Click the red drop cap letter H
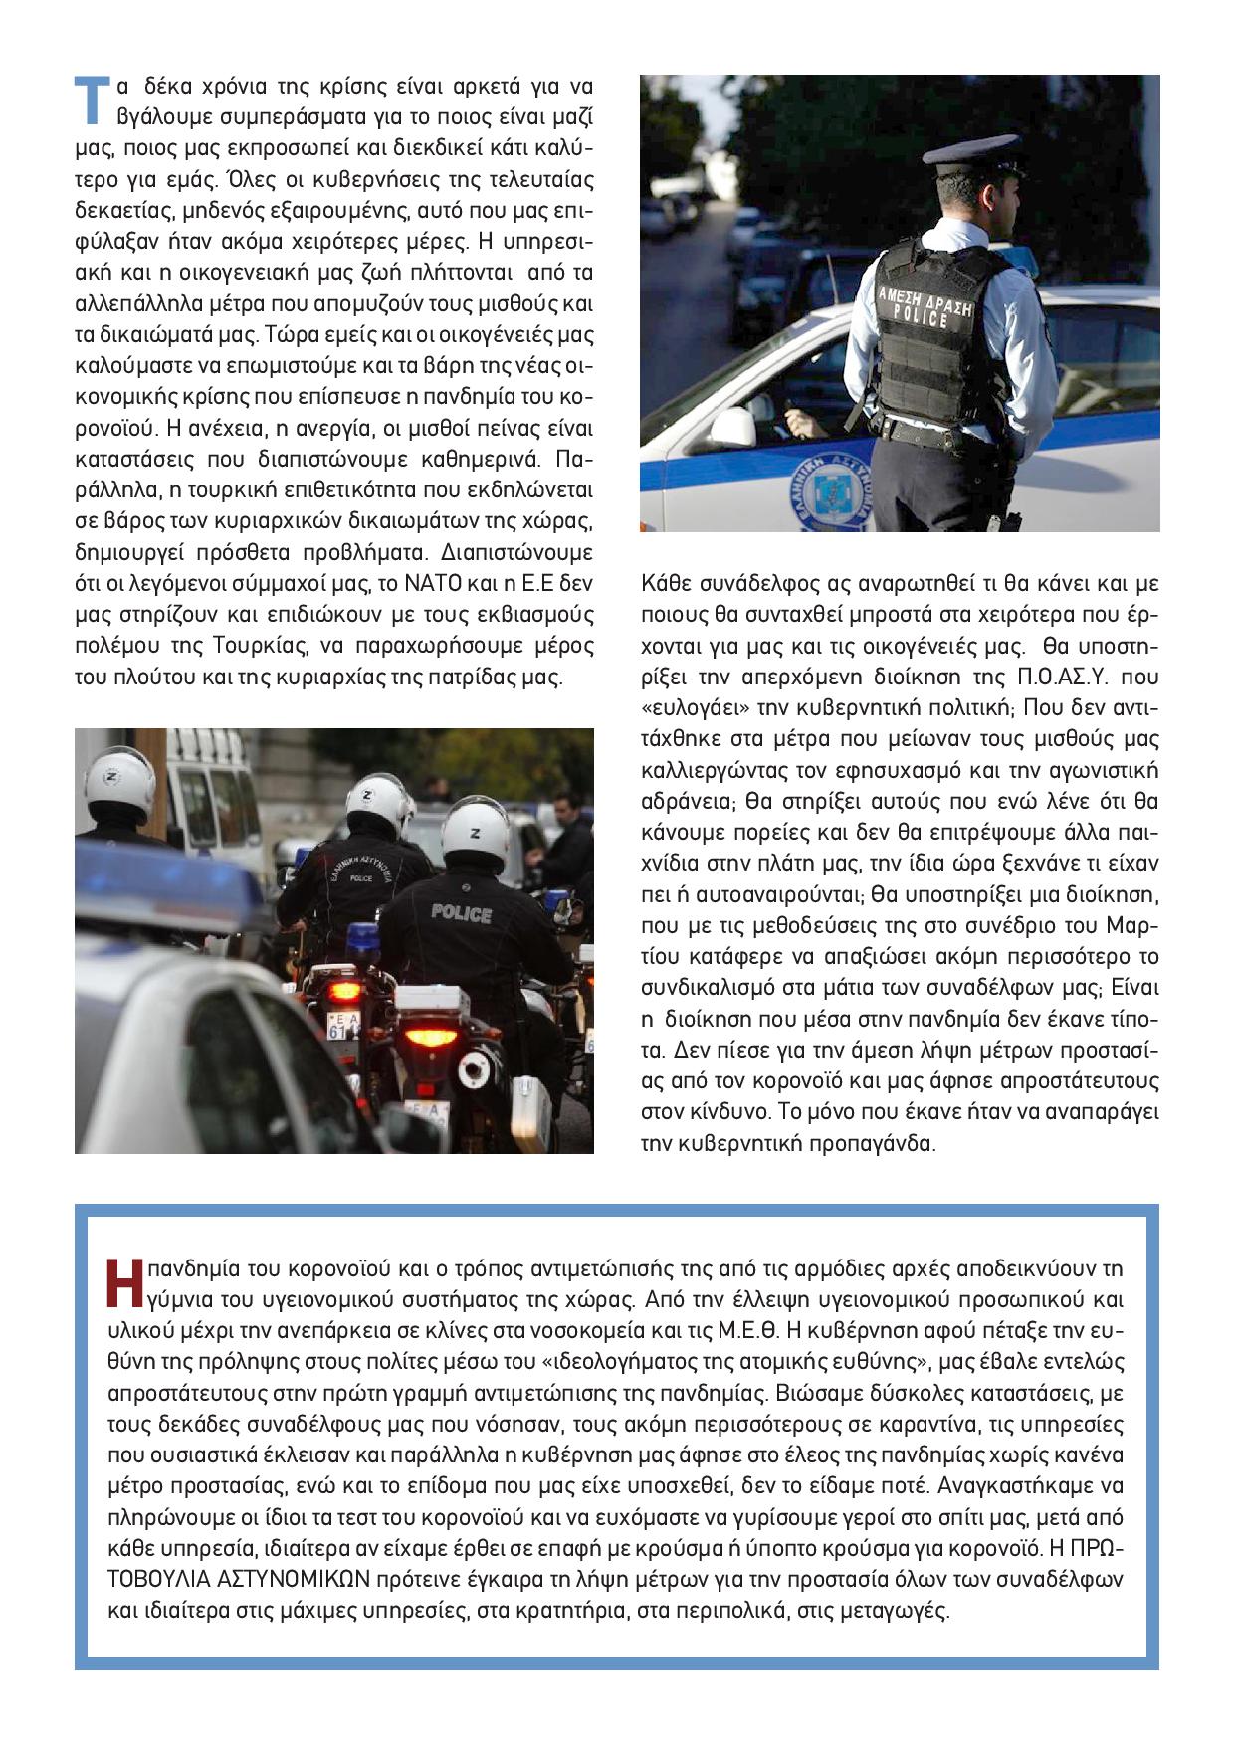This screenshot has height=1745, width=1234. click(124, 1283)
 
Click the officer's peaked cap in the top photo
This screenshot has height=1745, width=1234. click(970, 157)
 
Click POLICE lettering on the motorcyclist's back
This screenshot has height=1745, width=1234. click(461, 912)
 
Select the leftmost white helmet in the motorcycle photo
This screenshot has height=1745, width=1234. click(118, 782)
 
